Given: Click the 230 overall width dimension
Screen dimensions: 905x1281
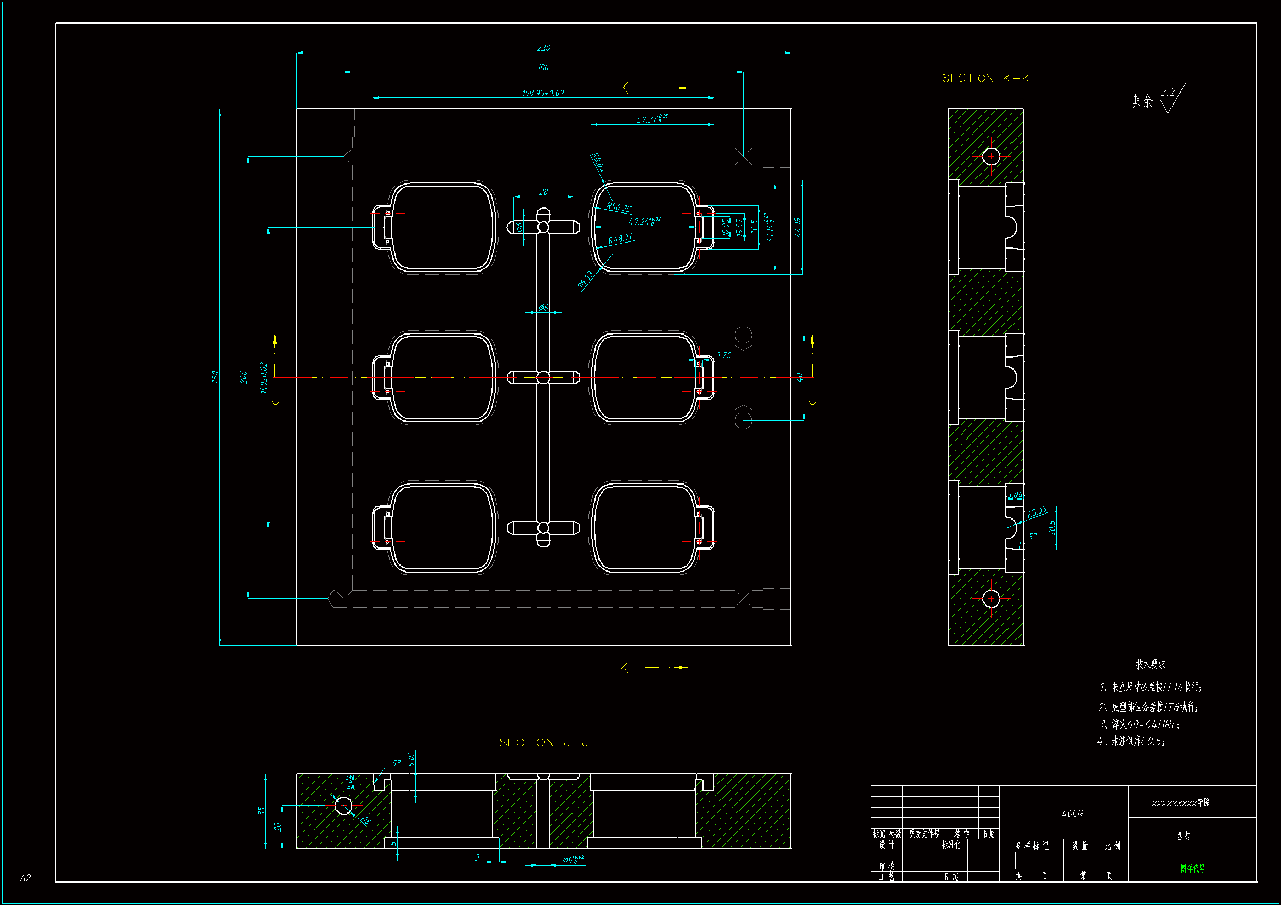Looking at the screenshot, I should (543, 48).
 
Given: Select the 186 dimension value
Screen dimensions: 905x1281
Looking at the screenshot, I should (543, 67).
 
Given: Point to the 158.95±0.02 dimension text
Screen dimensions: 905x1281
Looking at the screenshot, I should (543, 93).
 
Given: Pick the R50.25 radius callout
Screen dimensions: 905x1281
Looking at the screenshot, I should (619, 207).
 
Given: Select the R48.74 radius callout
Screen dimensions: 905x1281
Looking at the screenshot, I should (621, 239).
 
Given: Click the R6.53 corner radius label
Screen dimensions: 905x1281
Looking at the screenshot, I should (585, 280).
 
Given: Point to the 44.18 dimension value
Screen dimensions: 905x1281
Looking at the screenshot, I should (798, 227).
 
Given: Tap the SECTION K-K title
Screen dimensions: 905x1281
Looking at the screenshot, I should (985, 78).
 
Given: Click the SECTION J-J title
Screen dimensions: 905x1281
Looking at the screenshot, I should (544, 742).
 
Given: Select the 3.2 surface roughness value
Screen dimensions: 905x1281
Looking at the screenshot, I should (1168, 92).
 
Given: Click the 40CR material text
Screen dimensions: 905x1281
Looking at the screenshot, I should (1072, 814).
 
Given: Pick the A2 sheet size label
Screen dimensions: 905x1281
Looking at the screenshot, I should (25, 878).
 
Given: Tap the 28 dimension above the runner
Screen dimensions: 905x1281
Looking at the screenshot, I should (544, 192).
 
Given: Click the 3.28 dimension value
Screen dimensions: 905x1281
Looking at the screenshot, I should (724, 355).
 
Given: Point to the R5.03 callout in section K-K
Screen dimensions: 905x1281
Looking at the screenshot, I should (1037, 512).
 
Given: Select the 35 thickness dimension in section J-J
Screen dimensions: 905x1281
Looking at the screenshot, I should (261, 811).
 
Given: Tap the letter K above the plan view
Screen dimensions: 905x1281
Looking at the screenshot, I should (624, 88).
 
